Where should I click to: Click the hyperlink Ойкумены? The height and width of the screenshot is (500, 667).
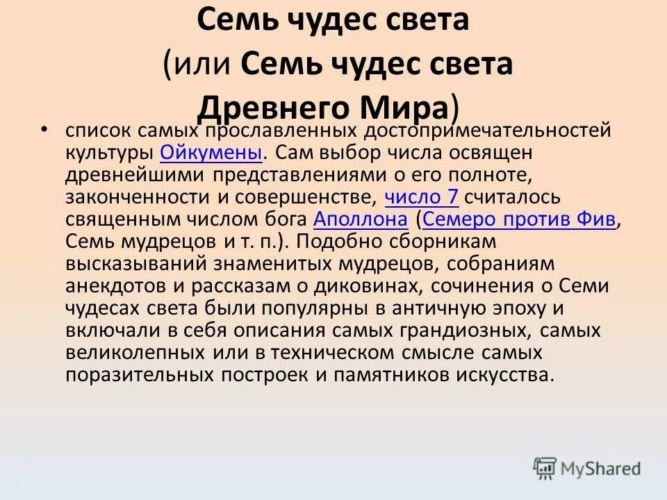coord(211,153)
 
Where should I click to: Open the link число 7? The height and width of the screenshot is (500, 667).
coord(421,197)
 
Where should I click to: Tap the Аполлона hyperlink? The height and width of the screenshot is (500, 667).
coord(360,219)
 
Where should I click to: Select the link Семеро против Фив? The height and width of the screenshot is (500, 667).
coord(519,219)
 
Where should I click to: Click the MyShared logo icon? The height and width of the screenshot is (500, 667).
coord(545,468)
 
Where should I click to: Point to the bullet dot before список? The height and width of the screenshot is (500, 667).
coord(44,129)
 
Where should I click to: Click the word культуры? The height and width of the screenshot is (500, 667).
coord(109,153)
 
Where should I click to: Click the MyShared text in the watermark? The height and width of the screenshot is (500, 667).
coord(602,469)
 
